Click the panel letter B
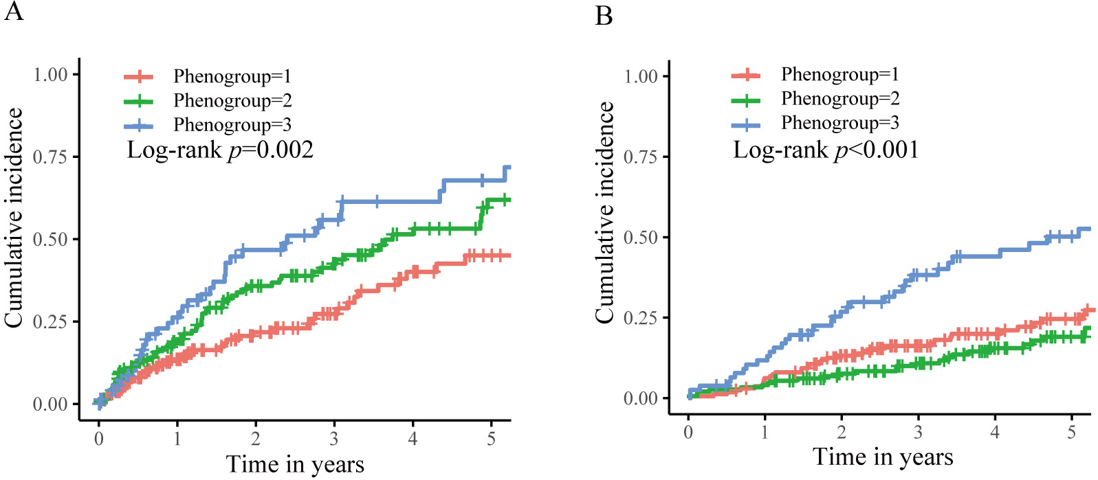[604, 15]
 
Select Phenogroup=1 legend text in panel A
[232, 76]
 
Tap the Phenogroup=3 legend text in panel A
[232, 125]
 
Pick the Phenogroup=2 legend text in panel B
[840, 99]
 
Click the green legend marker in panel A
[139, 101]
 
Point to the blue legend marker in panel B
[746, 124]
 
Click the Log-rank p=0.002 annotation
[220, 150]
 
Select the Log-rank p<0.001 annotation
[826, 150]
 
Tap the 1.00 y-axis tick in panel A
[51, 74]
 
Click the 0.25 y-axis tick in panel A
[51, 321]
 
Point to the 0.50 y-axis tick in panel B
[641, 238]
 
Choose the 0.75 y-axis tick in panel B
[641, 157]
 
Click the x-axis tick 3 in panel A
[334, 438]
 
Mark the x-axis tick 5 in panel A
[491, 438]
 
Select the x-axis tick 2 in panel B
[842, 432]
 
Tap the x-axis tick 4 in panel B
[995, 432]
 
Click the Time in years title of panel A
[295, 464]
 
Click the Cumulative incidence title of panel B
[604, 212]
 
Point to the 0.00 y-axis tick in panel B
[641, 398]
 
